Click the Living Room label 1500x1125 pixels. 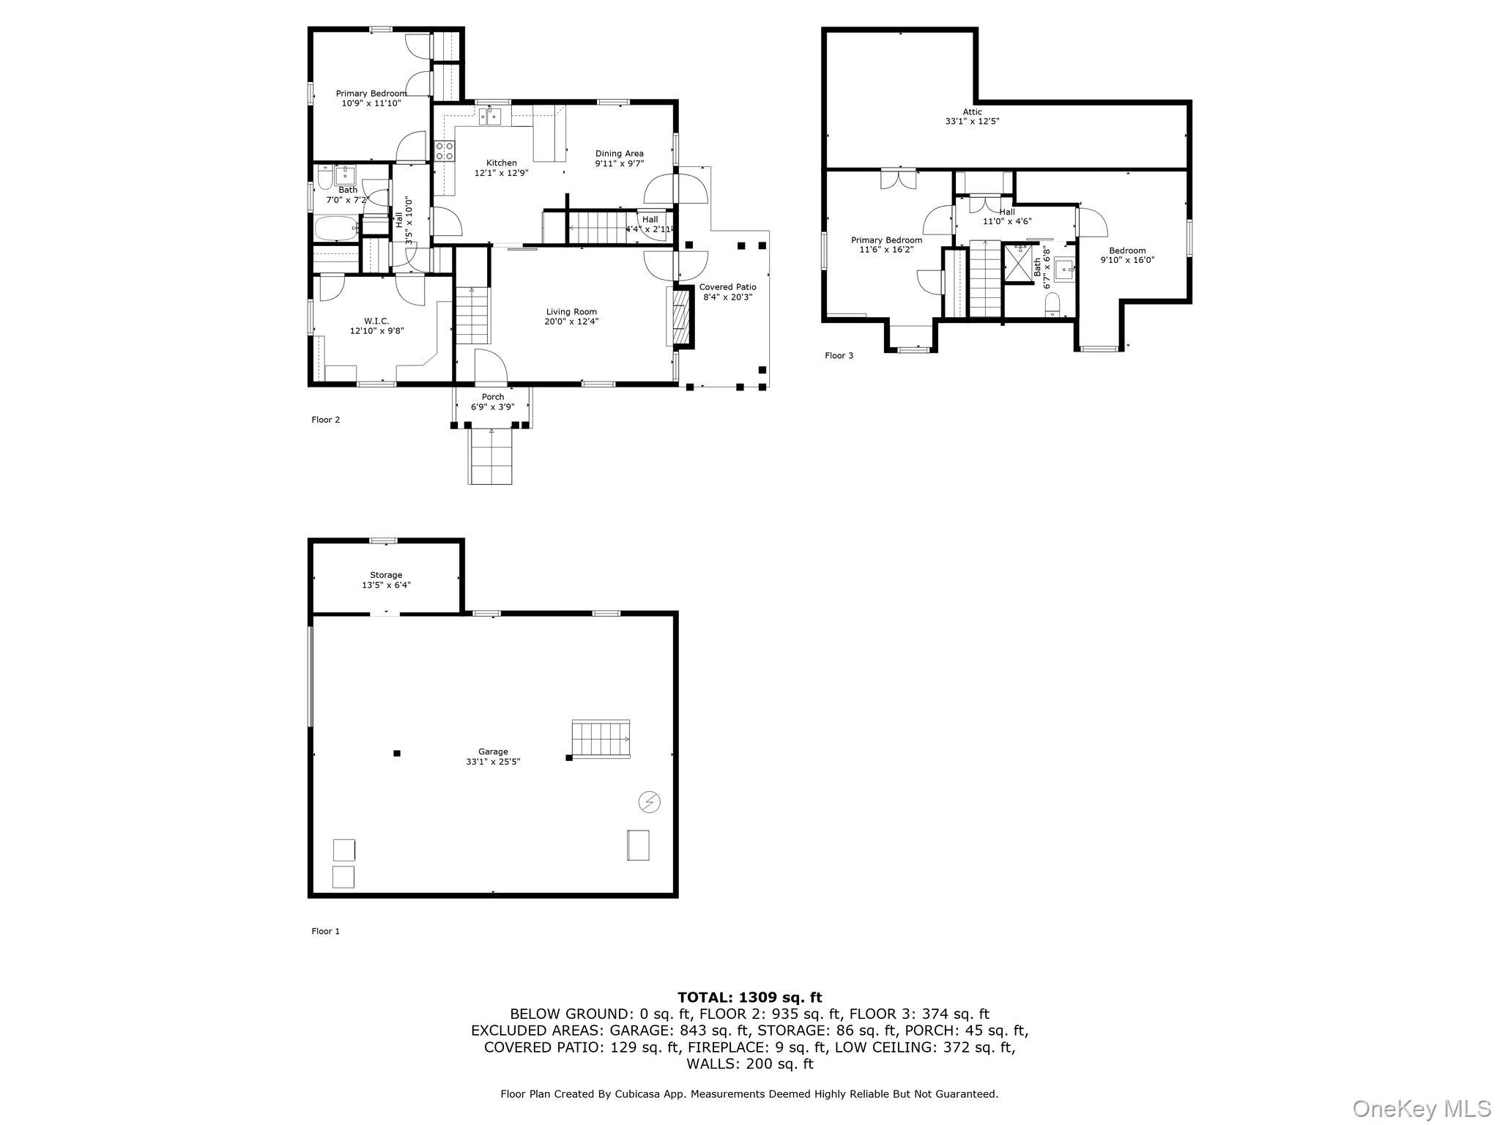click(x=571, y=312)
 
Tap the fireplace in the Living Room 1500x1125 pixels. click(x=682, y=316)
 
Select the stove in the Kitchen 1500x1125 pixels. click(x=445, y=151)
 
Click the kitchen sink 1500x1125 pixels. click(x=491, y=116)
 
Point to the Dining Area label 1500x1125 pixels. click(x=620, y=154)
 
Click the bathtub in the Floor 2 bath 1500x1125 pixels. click(x=336, y=228)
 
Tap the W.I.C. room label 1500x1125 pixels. click(x=376, y=321)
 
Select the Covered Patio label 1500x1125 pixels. click(x=727, y=287)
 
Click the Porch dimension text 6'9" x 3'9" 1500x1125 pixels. click(x=493, y=406)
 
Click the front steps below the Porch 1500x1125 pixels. click(x=490, y=456)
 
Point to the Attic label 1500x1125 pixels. click(x=973, y=112)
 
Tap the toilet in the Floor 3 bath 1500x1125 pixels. click(x=1052, y=305)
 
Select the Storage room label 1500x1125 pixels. click(x=386, y=575)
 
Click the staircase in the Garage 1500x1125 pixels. click(x=601, y=738)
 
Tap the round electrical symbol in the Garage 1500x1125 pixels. click(x=650, y=802)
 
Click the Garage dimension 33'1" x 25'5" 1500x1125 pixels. click(x=493, y=761)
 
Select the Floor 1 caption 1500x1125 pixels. click(x=326, y=931)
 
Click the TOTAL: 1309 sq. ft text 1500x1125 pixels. click(x=750, y=997)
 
